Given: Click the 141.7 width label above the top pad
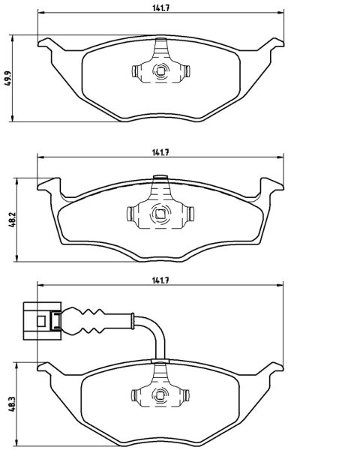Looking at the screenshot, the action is pos(160,8).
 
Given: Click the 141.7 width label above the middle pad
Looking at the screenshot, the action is pos(160,153).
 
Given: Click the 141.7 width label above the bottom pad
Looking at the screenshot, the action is pos(160,280).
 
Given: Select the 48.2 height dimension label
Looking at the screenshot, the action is pos(12,220).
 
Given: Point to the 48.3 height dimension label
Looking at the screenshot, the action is pos(12,403).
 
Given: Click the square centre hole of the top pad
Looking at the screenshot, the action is pos(160,70).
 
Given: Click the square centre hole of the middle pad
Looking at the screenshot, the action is pos(160,214).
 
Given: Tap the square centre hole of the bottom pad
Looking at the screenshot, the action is pos(160,395).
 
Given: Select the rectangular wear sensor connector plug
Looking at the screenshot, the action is pos(42,321).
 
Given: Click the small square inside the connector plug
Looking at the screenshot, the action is pos(41,321).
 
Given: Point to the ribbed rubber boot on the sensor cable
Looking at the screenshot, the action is pos(83,321).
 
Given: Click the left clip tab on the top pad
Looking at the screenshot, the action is pos(135,71).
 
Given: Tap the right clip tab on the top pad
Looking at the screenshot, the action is pos(187,71).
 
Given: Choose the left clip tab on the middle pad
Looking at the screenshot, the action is pos(130,214).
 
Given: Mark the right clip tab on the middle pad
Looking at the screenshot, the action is pos(190,214).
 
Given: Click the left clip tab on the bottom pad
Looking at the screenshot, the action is pos(134,395).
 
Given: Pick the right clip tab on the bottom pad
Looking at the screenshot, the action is pos(187,395).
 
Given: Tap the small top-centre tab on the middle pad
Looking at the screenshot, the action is pos(160,178).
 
